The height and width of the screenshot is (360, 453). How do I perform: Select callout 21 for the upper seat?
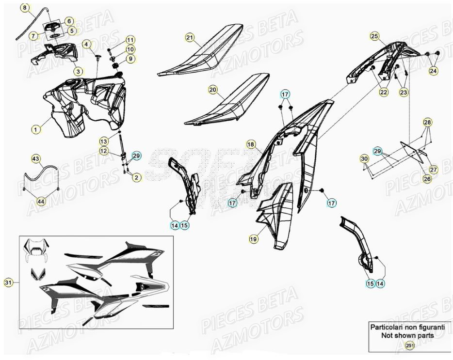(x=190, y=38)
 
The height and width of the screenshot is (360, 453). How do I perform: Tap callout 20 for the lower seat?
(x=212, y=90)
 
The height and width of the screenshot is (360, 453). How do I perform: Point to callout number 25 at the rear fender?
(x=373, y=36)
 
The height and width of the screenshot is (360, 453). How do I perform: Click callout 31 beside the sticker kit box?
(x=8, y=282)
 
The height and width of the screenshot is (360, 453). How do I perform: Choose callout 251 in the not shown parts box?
(x=410, y=345)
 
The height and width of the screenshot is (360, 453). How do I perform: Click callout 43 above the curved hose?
(x=35, y=159)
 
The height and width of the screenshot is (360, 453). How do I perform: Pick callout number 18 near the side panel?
(x=250, y=144)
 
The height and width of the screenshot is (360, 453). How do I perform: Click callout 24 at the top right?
(x=433, y=71)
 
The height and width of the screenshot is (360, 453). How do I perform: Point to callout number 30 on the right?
(x=364, y=159)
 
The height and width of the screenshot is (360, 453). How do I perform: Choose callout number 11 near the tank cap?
(x=130, y=39)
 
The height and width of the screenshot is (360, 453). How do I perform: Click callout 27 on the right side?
(x=433, y=170)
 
